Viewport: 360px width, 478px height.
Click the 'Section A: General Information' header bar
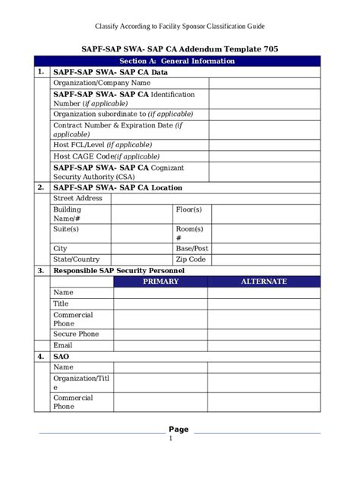[x=180, y=61]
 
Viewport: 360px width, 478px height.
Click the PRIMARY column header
[x=160, y=281]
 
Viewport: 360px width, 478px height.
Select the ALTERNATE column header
[x=264, y=281]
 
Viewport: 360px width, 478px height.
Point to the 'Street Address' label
[x=77, y=198]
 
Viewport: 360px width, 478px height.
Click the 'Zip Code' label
[x=191, y=259]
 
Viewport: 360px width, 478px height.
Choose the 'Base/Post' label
[x=192, y=248]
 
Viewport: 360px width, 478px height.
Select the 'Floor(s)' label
[x=189, y=209]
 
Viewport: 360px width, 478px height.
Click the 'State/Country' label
[x=76, y=259]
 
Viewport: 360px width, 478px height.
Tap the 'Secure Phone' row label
[x=76, y=334]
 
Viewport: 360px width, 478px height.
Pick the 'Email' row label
[x=63, y=344]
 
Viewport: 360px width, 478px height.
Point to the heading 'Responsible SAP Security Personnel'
[x=118, y=270]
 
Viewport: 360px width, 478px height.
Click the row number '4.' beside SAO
[x=40, y=356]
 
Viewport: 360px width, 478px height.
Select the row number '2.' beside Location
[x=40, y=187]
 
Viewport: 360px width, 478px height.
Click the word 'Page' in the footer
[x=179, y=429]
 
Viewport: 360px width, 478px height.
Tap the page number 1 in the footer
[x=171, y=438]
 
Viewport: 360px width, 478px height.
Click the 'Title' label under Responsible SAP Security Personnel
[x=61, y=303]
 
